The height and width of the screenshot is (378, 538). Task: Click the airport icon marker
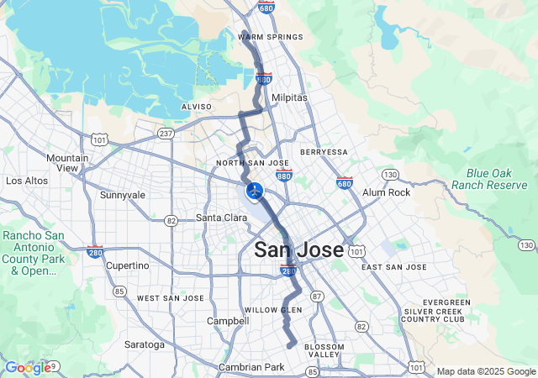(254, 191)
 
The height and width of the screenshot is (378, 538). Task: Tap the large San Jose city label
(298, 249)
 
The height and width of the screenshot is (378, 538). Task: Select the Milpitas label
(289, 97)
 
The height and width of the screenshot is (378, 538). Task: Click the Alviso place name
(196, 108)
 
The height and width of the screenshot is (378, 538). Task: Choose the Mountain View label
(68, 163)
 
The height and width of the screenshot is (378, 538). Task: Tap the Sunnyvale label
(123, 195)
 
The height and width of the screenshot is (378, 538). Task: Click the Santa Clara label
(221, 218)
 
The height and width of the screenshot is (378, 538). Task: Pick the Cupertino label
(128, 265)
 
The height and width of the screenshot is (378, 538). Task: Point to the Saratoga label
(145, 344)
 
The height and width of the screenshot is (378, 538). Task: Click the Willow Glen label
(272, 310)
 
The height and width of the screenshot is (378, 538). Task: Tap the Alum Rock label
(386, 192)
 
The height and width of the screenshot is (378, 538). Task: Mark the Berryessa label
(324, 152)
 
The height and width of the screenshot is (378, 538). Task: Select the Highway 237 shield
(165, 133)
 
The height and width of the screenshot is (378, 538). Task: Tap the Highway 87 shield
(316, 297)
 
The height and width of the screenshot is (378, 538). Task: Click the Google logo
(28, 368)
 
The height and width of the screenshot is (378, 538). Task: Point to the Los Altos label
(25, 181)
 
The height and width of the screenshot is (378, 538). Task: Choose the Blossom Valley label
(324, 351)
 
